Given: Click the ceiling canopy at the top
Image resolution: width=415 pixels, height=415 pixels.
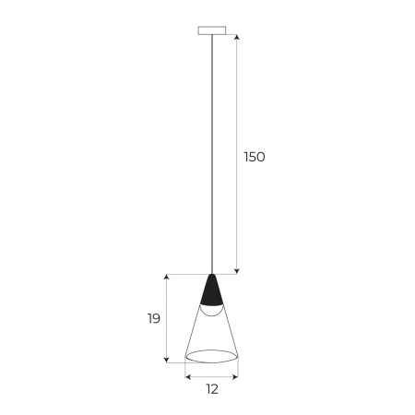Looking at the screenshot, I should point(212,30).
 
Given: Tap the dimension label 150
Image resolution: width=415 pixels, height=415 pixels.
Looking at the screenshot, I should point(254,157).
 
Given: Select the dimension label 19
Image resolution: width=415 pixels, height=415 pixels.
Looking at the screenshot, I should point(153,319).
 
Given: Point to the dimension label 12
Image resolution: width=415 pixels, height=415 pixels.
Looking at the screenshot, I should point(212,390).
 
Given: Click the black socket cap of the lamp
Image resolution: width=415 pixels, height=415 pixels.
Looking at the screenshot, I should point(212,292).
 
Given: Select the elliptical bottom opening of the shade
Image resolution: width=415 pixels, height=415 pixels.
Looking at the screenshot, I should point(212,356).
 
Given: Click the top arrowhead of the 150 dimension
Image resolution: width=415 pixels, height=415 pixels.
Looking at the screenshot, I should point(238,38).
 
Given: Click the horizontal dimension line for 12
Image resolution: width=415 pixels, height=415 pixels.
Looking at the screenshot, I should point(212,376).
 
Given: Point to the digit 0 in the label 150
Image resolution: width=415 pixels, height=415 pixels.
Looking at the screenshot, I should point(260,157).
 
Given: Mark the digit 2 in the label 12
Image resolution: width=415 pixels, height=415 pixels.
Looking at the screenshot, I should point(216,390).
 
